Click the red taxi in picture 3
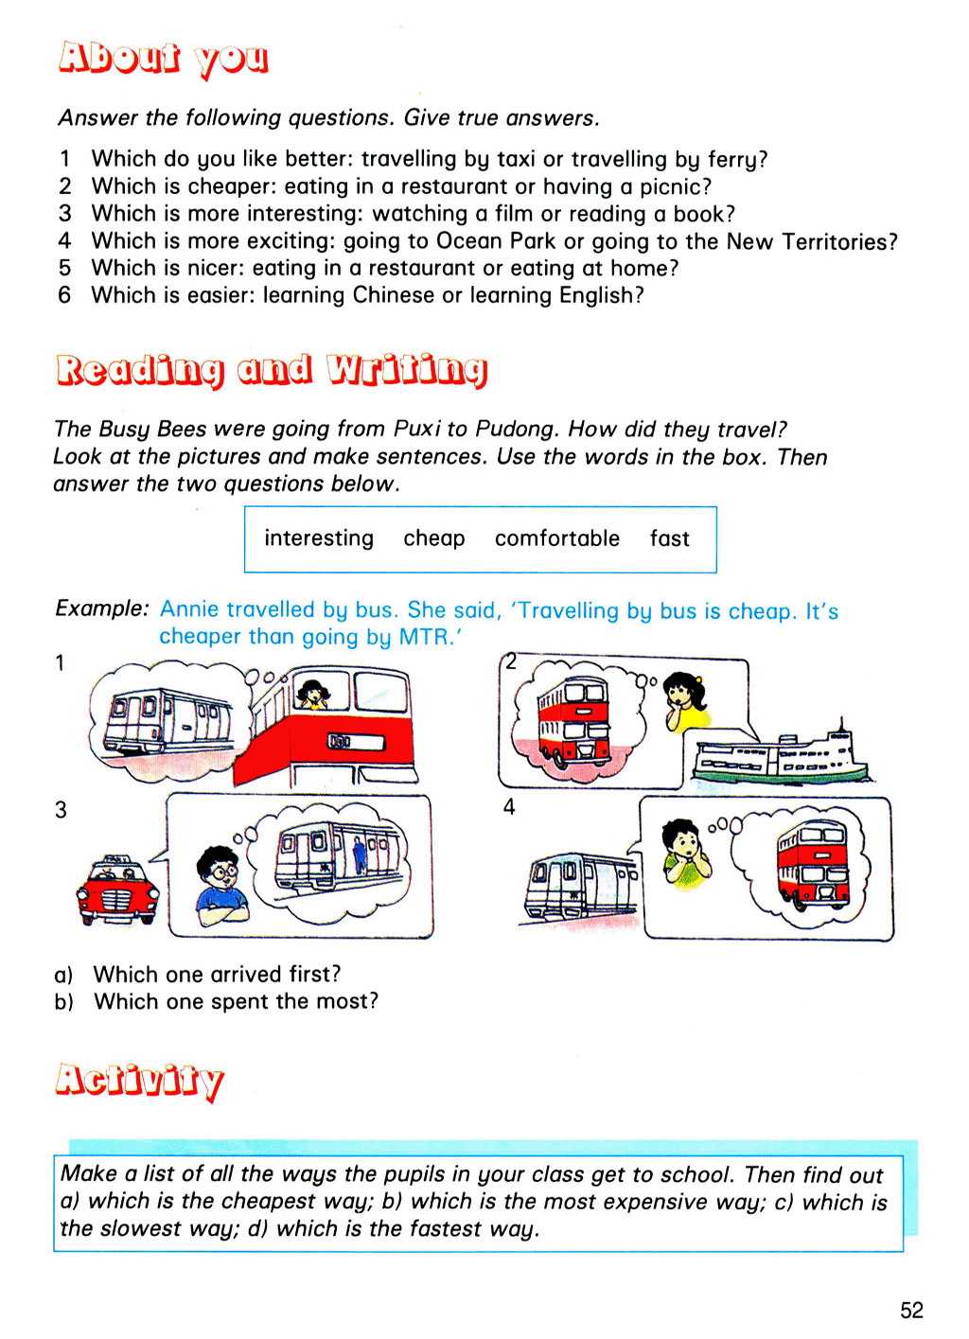(116, 890)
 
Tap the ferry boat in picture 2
(780, 757)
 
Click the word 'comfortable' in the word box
(556, 538)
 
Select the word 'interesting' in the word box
(319, 538)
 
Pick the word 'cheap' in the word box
(434, 538)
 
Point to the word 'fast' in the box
(669, 538)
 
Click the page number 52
(911, 1310)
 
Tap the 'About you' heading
(164, 59)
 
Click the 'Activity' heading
(139, 1080)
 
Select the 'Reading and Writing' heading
(272, 370)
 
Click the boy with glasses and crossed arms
(221, 885)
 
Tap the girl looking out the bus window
(311, 694)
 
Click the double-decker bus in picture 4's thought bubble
(811, 864)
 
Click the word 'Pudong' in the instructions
(516, 429)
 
